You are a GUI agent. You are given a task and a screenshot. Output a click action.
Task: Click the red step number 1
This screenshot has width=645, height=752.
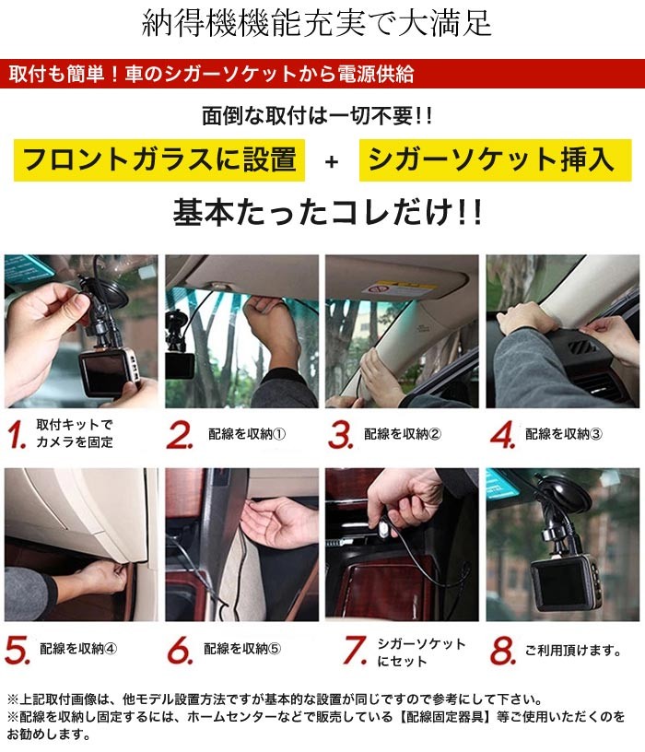[x=17, y=434]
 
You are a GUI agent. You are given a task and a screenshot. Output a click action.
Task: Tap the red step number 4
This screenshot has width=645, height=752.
[x=503, y=434]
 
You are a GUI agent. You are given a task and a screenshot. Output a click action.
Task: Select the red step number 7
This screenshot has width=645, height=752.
[x=356, y=651]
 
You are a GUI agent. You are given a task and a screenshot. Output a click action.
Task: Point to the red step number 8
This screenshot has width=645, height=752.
[x=503, y=651]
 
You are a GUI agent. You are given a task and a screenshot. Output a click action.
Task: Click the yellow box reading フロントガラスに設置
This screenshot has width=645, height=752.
[x=159, y=160]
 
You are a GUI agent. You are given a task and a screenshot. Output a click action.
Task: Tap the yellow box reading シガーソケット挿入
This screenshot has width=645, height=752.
[x=495, y=160]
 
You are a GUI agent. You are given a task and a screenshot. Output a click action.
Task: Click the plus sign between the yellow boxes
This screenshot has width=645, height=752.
[x=332, y=161]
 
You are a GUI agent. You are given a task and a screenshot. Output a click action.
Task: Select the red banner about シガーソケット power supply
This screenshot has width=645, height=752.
[x=322, y=74]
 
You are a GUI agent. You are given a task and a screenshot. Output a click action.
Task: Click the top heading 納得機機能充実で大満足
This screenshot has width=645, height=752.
[x=316, y=23]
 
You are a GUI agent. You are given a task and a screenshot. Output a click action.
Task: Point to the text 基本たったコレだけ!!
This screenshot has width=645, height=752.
[x=327, y=212]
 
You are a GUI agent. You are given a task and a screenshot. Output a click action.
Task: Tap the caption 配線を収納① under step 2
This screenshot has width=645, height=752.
[x=247, y=434]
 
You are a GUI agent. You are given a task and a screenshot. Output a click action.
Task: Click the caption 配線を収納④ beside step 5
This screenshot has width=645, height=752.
[x=78, y=649]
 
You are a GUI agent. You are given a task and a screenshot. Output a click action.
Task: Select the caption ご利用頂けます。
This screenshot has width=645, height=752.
[x=573, y=651]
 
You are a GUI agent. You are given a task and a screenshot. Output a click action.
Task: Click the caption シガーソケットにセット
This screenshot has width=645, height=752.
[x=421, y=652]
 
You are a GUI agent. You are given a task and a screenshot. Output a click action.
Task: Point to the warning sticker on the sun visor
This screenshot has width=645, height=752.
[x=399, y=289]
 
